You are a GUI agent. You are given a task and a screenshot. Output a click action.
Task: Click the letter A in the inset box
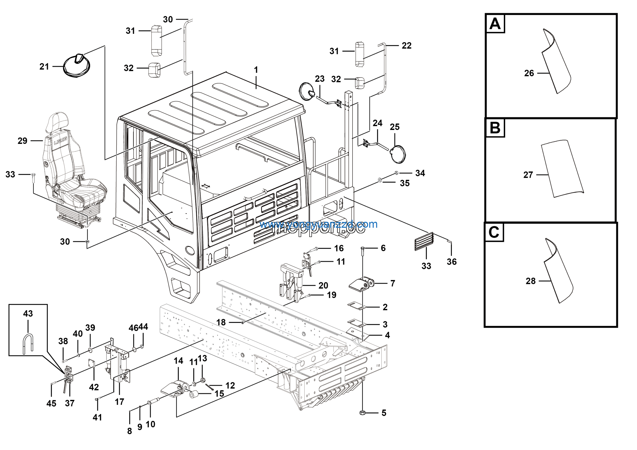click(495, 24)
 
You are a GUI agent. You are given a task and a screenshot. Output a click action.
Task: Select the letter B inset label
click(495, 128)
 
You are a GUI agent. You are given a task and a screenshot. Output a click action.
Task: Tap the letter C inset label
click(494, 232)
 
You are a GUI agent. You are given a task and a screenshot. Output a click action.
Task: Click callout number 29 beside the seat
click(22, 141)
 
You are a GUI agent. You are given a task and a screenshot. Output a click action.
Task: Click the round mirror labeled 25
click(398, 154)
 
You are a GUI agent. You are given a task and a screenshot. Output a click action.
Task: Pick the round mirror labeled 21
click(77, 66)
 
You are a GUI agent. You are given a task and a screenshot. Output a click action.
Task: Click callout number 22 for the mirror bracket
click(406, 46)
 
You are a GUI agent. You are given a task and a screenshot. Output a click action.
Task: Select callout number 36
click(451, 262)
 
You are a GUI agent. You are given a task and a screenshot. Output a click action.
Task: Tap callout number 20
click(323, 285)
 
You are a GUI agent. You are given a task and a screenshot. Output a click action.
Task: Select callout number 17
click(119, 401)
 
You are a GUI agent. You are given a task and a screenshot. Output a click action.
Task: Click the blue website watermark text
click(318, 224)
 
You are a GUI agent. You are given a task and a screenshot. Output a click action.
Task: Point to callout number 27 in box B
click(528, 175)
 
